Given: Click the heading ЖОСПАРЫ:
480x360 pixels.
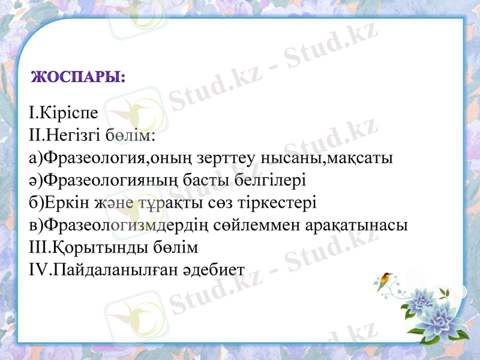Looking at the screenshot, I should [x=77, y=78].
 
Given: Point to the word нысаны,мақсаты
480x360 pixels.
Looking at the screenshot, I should [x=327, y=158].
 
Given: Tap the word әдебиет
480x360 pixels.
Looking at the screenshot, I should [x=216, y=270].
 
